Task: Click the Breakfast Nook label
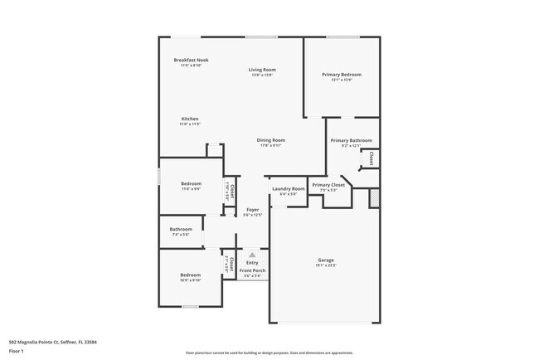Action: click(x=191, y=61)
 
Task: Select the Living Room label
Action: click(x=263, y=70)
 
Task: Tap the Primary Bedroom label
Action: click(x=342, y=75)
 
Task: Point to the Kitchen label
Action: click(x=190, y=119)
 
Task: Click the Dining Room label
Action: click(x=270, y=140)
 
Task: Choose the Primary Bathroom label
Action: click(x=351, y=141)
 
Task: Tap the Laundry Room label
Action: click(x=289, y=189)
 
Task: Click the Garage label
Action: click(x=325, y=260)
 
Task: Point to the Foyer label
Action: click(x=253, y=211)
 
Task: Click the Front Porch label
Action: click(x=252, y=271)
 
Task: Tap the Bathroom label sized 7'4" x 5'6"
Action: click(x=181, y=230)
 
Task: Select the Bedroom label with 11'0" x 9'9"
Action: click(x=191, y=184)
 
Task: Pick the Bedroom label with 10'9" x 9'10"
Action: click(x=191, y=275)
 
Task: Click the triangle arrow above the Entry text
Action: click(x=252, y=255)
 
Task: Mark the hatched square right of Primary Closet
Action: click(x=374, y=198)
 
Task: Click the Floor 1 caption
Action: click(x=17, y=351)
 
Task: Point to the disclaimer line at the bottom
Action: click(x=269, y=353)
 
